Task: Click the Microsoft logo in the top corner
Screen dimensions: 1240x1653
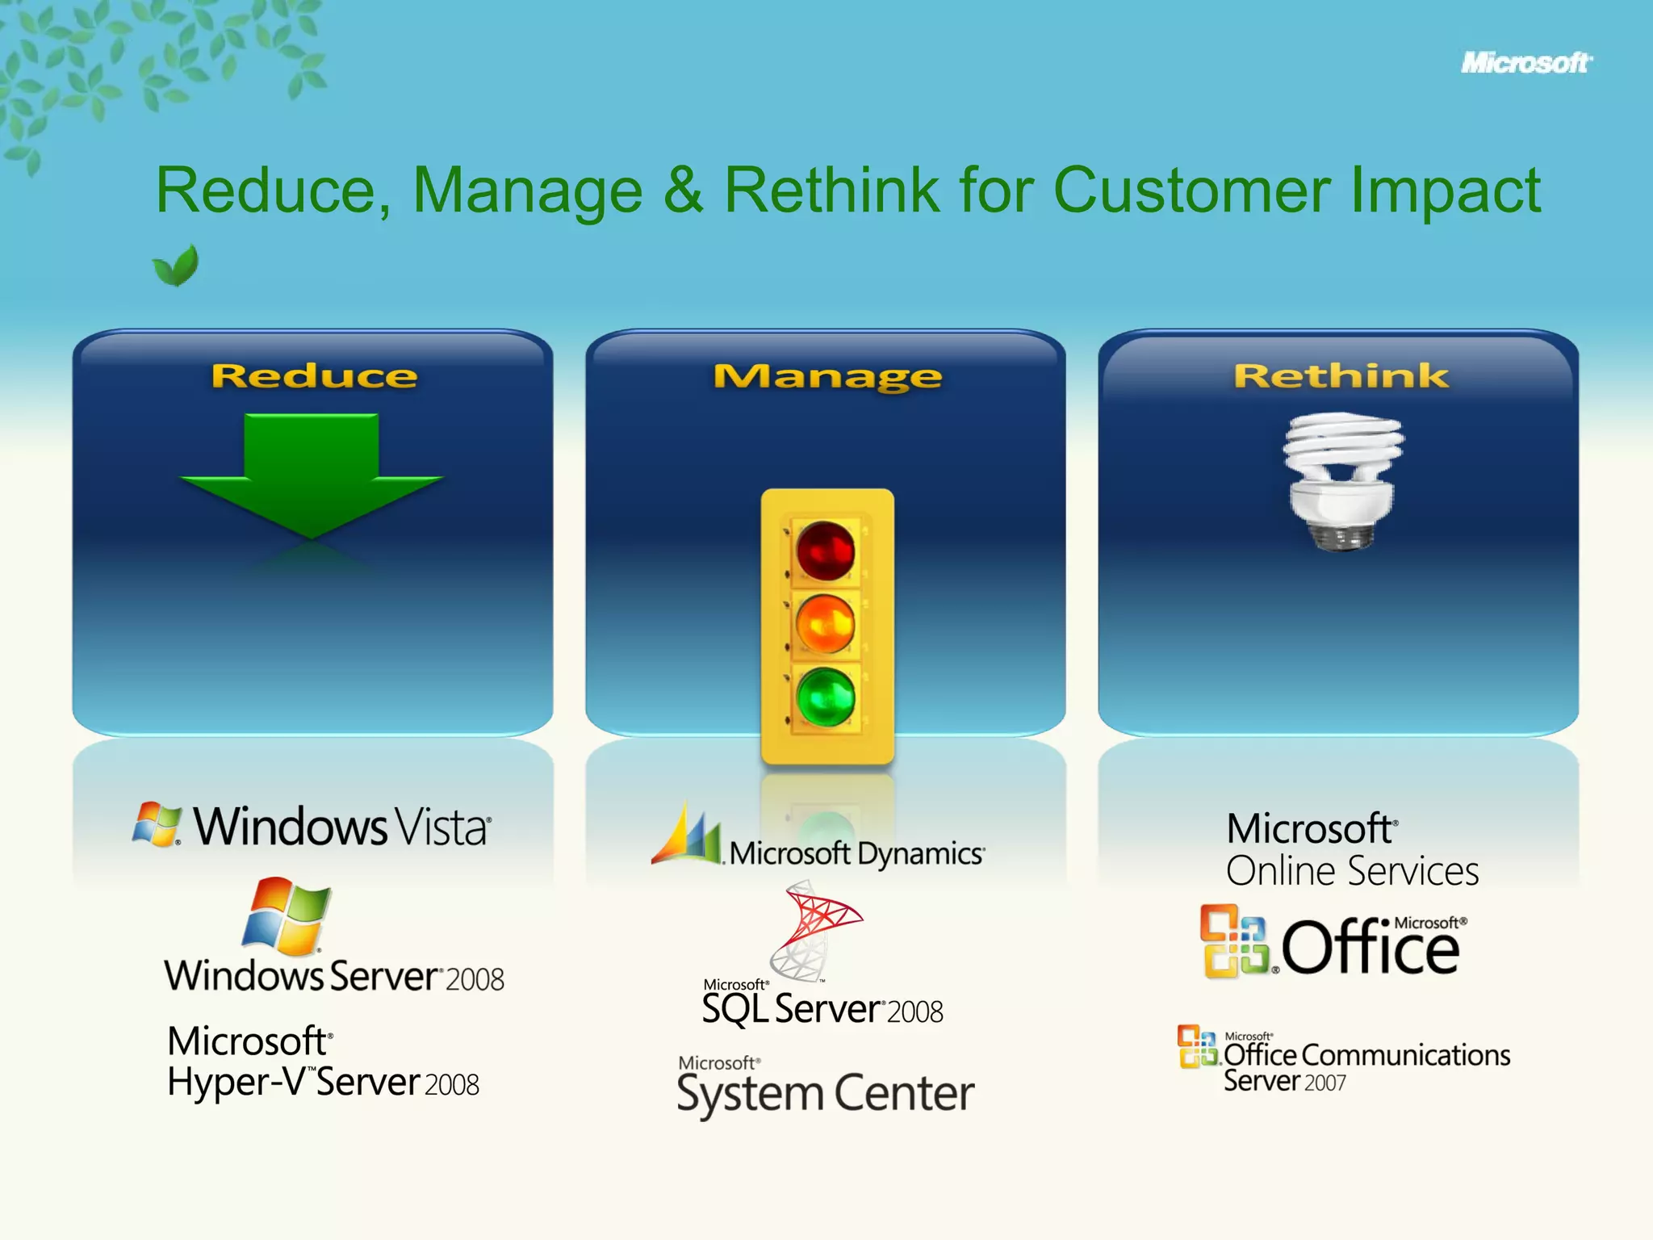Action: click(x=1525, y=63)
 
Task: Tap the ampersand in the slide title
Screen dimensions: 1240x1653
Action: click(x=683, y=191)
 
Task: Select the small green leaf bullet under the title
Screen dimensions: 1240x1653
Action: click(x=176, y=266)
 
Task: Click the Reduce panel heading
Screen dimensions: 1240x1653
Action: click(x=314, y=376)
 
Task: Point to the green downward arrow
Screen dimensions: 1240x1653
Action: click(x=312, y=473)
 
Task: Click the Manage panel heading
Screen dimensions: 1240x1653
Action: click(x=826, y=377)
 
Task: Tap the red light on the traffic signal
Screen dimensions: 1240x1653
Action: click(x=825, y=551)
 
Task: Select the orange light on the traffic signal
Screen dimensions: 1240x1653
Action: click(x=825, y=624)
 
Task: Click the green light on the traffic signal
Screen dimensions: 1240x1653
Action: click(x=825, y=697)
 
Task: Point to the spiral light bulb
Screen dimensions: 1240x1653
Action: click(x=1342, y=480)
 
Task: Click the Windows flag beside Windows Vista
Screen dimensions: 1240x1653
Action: click(x=157, y=824)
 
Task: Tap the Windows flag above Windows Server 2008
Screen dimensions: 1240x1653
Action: click(x=287, y=916)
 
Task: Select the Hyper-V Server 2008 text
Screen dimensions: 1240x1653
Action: click(x=323, y=1083)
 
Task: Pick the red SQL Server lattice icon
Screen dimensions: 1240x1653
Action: click(x=815, y=928)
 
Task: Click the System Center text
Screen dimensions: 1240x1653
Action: click(x=825, y=1094)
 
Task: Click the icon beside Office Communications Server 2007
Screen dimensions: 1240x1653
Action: click(x=1197, y=1046)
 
